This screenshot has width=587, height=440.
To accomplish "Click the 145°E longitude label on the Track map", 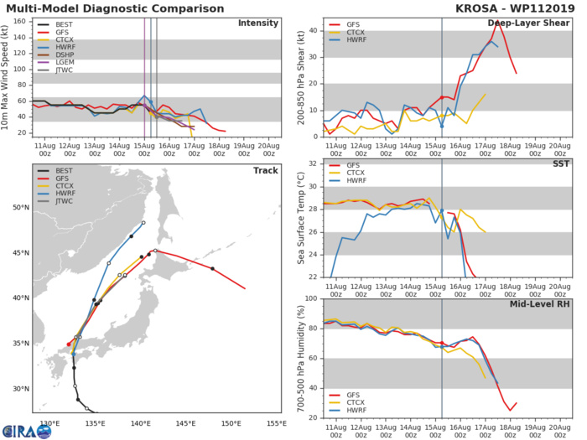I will [185, 423].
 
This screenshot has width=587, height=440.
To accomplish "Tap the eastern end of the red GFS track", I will [245, 288].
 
